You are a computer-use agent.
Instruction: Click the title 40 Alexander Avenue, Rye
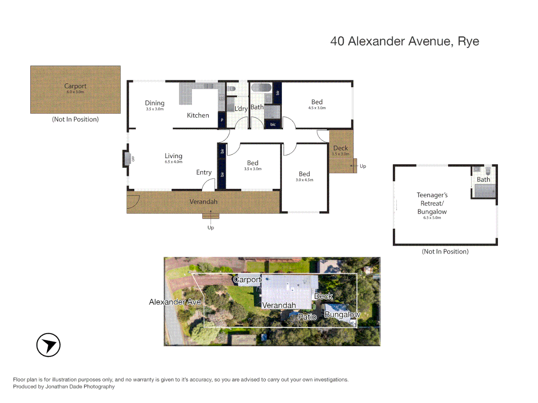point(404,41)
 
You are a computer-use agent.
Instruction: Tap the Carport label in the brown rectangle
point(75,86)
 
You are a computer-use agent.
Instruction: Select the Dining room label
point(155,103)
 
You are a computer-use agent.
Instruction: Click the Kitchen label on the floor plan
point(198,116)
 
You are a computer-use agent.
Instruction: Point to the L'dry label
point(241,109)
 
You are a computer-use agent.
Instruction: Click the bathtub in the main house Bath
point(261,88)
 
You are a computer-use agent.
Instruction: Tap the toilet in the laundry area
point(231,89)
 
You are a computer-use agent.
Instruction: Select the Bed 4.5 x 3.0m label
point(317,102)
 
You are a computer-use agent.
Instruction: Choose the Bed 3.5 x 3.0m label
point(253,163)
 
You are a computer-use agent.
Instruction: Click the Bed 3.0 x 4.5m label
point(304,174)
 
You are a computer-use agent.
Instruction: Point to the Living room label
point(173,156)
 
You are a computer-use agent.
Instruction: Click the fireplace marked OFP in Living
point(127,159)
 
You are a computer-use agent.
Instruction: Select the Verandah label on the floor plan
point(203,202)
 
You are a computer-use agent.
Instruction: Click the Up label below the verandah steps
point(211,228)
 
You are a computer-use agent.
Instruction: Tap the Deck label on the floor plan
point(340,148)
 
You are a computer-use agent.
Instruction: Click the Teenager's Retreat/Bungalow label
point(432,203)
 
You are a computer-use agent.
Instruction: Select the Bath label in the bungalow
point(483,180)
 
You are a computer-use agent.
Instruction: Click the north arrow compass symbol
point(48,345)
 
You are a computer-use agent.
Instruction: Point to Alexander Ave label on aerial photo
point(175,302)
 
